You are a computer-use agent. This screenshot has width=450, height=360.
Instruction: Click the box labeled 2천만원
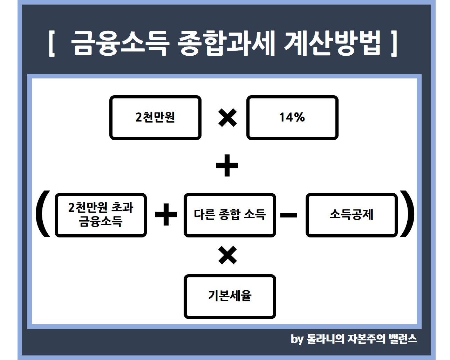155,118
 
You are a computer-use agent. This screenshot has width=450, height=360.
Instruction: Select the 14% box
292,118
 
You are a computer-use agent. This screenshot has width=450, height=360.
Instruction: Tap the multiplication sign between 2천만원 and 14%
227,118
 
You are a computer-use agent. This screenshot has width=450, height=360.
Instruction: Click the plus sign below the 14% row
227,166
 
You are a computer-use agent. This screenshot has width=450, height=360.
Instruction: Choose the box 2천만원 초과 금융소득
101,215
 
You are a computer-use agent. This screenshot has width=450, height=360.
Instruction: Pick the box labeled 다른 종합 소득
230,215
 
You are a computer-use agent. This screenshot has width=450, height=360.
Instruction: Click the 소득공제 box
352,215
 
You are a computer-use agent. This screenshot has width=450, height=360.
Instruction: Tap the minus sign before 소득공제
288,215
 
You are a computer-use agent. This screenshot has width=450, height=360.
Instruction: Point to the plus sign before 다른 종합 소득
166,215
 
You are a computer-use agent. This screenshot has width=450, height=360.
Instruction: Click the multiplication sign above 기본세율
227,255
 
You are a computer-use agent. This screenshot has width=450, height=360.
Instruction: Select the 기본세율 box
230,297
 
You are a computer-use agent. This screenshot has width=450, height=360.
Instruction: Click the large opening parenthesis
42,214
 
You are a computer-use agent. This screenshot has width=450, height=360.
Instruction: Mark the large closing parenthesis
407,214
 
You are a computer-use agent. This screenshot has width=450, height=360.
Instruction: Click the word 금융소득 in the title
120,43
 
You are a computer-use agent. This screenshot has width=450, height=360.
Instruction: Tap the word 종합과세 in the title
226,43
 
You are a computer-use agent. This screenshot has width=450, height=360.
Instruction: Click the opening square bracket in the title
52,44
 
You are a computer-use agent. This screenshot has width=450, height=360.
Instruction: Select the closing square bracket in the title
394,44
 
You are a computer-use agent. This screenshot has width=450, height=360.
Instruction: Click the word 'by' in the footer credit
297,339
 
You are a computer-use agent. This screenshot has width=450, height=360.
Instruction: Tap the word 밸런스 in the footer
403,339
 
